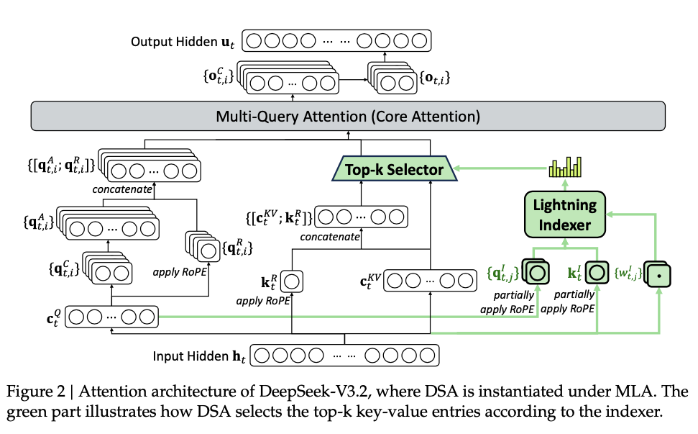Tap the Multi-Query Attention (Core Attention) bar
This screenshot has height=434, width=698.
tap(349, 116)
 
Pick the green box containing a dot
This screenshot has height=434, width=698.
tap(659, 274)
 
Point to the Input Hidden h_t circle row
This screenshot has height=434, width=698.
tap(344, 356)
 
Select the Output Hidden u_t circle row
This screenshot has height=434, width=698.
tap(335, 41)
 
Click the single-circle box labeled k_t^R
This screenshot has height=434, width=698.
tap(293, 277)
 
